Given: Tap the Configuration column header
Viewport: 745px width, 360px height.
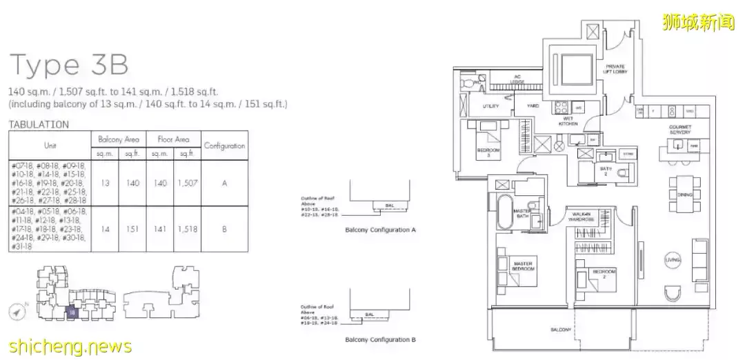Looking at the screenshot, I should point(224,146).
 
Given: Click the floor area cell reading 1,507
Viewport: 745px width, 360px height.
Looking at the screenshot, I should point(186,183).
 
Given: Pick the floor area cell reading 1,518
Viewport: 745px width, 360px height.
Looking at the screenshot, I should point(186,229).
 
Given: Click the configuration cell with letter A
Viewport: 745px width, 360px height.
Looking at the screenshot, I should point(224,183).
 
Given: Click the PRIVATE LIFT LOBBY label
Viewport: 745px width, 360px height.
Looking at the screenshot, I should point(615,68).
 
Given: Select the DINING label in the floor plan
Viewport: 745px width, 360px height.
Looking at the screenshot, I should point(684,194).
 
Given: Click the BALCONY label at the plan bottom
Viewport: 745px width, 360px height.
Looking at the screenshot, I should point(560,330).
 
